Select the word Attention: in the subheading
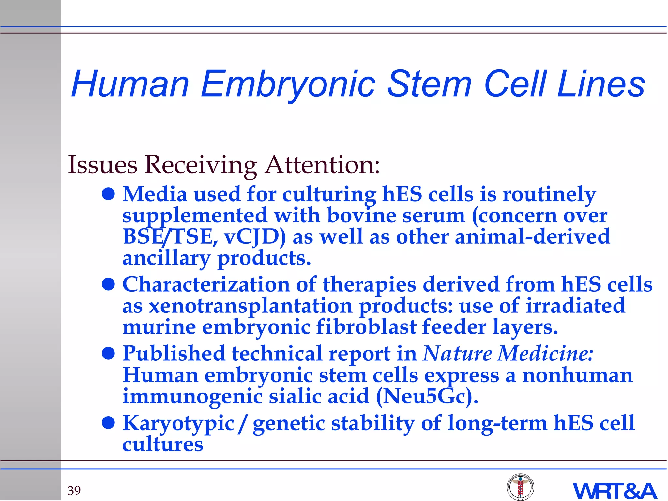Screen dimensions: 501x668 point(322,165)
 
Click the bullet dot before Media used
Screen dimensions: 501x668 point(108,194)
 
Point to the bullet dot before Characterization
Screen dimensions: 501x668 point(108,284)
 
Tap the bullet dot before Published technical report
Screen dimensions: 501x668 point(108,353)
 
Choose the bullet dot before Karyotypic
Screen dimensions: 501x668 point(108,423)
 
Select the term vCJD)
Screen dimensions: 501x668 point(255,237)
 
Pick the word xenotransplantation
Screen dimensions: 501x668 point(250,306)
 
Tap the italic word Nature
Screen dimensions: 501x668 point(457,354)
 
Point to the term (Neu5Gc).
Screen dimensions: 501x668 point(427,397)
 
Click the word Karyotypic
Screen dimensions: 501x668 point(178,423)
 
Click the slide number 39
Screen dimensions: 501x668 point(74,491)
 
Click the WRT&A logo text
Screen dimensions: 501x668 point(615,491)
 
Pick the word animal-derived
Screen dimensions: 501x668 point(532,237)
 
